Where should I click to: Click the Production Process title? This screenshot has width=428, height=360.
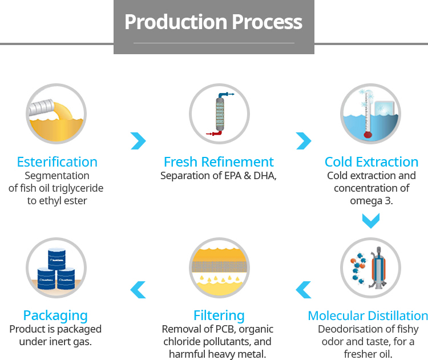coord(213,22)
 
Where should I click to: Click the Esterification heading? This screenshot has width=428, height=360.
coord(57,162)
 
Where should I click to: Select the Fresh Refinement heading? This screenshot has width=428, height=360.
coord(219,162)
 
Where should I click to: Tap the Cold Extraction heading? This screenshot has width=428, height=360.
coord(372,162)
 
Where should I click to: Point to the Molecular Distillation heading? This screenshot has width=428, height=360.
coord(368,315)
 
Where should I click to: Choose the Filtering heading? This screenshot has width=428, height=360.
coord(219,315)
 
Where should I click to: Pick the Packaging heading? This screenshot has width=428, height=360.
coord(55,315)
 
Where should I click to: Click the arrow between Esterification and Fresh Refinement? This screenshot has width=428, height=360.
coord(138,140)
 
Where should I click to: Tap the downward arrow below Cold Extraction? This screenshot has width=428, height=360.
coord(371,220)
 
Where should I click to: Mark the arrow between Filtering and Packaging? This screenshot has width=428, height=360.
coord(138,290)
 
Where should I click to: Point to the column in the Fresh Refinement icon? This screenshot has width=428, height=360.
coord(220,114)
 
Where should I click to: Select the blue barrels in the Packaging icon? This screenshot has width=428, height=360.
coord(55,268)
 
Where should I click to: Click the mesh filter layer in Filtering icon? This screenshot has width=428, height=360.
coord(219,265)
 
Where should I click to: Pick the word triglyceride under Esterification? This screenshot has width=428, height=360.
coord(76,188)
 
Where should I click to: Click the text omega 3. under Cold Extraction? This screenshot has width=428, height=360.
coord(372,201)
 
